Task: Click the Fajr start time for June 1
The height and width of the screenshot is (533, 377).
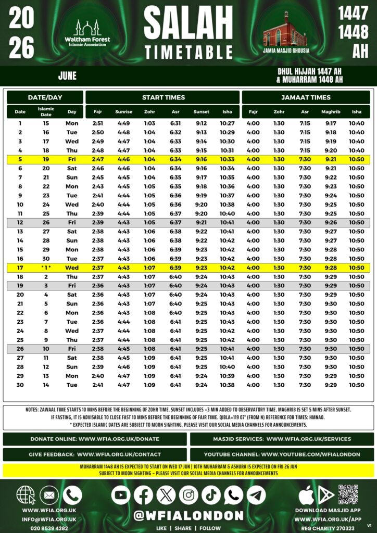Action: (98, 123)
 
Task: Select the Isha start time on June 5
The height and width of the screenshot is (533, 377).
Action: (227, 159)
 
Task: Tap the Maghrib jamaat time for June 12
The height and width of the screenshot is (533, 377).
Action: (331, 222)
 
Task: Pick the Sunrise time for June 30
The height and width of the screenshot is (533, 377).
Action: (123, 385)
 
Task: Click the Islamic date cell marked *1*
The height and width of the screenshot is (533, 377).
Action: (46, 268)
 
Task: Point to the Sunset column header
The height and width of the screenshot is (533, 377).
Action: (201, 112)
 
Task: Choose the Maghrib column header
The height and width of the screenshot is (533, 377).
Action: (331, 112)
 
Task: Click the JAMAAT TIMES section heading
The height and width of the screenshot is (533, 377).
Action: (306, 97)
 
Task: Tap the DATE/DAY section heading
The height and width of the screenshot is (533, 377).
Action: (45, 97)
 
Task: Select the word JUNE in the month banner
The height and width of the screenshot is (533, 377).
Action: (68, 76)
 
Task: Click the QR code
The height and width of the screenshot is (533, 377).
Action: (348, 494)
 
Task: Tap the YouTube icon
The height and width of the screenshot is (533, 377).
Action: (121, 494)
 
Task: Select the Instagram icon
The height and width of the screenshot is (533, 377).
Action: (188, 494)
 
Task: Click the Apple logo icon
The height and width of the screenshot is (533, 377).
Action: (306, 494)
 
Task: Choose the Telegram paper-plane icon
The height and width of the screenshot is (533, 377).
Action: (256, 494)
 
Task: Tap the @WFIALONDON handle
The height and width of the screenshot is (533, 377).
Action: (188, 515)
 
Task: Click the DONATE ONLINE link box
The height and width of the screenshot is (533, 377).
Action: (95, 439)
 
